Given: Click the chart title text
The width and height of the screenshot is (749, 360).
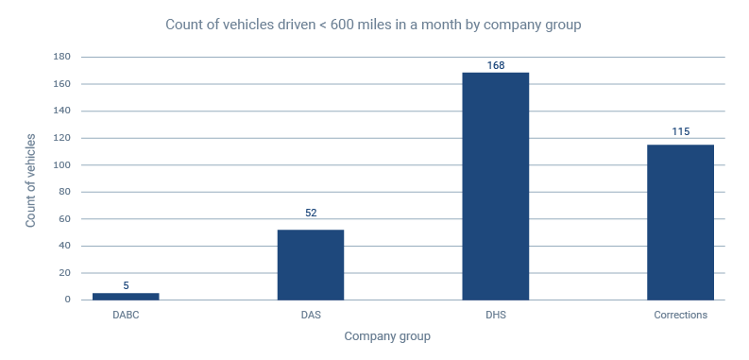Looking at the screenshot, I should pos(374,24).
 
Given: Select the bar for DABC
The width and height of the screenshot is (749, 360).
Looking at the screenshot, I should pos(126,296).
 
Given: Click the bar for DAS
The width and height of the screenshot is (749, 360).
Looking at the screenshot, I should pos(311,265).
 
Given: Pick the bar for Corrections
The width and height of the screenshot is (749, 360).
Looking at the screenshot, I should pos(680,222).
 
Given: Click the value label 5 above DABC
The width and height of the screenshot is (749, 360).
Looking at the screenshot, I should pos(126,283).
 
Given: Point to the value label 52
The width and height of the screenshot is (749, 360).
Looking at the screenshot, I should pos(311,213).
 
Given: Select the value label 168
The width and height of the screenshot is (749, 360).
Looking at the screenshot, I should pos(496,65).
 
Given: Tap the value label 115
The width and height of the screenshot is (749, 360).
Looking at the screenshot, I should pos(680,131).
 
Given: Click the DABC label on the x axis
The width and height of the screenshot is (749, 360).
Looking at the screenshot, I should pos(126,315).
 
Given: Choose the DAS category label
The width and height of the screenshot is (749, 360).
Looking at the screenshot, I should pos(311,315).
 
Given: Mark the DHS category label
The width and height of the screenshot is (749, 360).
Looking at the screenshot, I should pos(496,315).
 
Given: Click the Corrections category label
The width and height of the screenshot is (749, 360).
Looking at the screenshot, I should pos(680,315).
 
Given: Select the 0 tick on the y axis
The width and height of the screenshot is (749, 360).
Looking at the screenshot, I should pos(68,300).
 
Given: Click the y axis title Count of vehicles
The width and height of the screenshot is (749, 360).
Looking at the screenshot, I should pos(30,180).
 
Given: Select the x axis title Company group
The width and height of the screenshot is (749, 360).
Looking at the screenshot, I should pos(388,336).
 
